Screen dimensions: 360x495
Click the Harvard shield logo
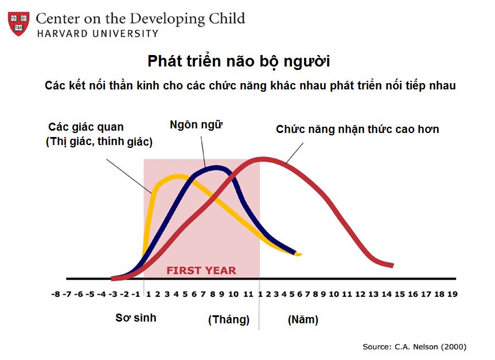(x=18, y=24)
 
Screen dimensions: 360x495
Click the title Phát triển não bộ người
(x=239, y=61)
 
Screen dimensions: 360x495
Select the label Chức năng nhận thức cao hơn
(x=357, y=129)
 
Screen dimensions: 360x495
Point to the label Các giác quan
(x=85, y=127)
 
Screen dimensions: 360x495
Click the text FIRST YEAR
(x=201, y=270)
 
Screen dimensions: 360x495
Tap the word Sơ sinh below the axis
(x=135, y=318)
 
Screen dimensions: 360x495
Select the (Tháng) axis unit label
(x=228, y=319)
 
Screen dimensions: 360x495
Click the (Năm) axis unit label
(x=303, y=319)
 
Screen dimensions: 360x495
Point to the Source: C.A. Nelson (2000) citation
(x=414, y=347)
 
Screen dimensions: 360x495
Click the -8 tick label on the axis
(x=56, y=294)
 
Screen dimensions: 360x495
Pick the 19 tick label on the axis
(x=452, y=294)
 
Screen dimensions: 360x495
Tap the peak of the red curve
(x=263, y=159)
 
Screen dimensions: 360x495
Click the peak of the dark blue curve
(x=215, y=167)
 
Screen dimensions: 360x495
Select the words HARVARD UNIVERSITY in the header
(x=97, y=33)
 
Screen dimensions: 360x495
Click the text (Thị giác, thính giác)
(x=99, y=142)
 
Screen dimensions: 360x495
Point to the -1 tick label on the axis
(x=137, y=294)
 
